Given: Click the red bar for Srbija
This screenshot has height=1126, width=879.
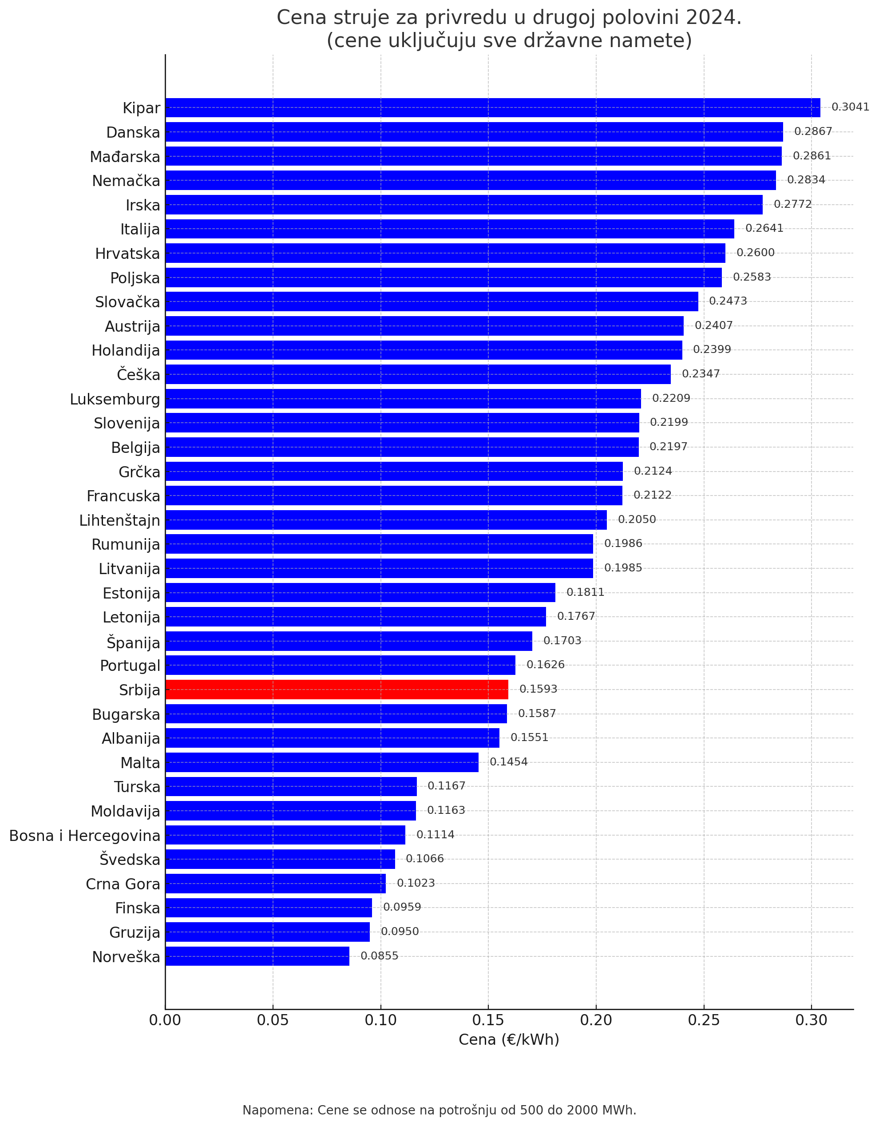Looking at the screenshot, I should pyautogui.click(x=337, y=689).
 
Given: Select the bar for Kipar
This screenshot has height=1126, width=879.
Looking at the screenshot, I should pyautogui.click(x=492, y=108).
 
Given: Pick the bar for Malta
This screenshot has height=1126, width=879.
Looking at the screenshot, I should pyautogui.click(x=322, y=762).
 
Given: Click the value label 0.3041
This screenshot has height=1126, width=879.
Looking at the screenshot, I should pyautogui.click(x=850, y=107).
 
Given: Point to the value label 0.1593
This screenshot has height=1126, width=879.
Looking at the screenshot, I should pyautogui.click(x=538, y=689).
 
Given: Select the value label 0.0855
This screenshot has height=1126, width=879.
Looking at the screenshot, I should pyautogui.click(x=380, y=956).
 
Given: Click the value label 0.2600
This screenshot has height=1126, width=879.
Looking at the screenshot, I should pyautogui.click(x=755, y=253).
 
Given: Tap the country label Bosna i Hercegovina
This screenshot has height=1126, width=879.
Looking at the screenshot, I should pyautogui.click(x=84, y=836).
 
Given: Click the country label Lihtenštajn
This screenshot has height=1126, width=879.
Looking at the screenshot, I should pyautogui.click(x=119, y=521).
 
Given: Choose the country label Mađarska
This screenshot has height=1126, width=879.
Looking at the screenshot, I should pyautogui.click(x=125, y=157).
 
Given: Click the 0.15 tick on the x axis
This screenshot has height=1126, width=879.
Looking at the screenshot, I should pyautogui.click(x=488, y=1020).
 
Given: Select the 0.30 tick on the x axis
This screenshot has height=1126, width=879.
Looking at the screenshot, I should pyautogui.click(x=811, y=1020).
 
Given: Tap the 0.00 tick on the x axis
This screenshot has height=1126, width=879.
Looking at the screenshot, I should pyautogui.click(x=165, y=1020).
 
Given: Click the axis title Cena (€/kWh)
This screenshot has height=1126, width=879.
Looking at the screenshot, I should pyautogui.click(x=509, y=1040).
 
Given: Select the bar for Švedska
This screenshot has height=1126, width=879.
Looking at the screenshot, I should pyautogui.click(x=280, y=859).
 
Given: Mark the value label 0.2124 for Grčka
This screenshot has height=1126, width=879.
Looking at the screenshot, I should pyautogui.click(x=653, y=471).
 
